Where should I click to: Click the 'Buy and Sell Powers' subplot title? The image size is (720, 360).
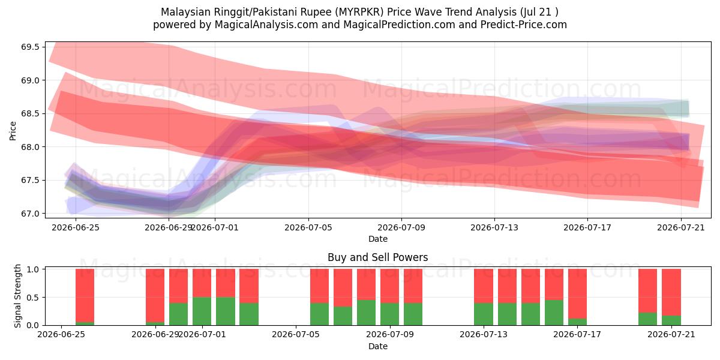[377, 257]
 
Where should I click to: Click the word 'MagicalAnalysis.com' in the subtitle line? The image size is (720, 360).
[266, 25]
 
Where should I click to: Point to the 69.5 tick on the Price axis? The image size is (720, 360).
[30, 47]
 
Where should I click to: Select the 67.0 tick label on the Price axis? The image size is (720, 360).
[30, 214]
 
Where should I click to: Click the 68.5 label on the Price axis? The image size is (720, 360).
[30, 114]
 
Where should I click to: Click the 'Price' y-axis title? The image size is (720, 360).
[13, 131]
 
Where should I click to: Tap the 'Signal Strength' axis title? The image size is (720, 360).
[17, 296]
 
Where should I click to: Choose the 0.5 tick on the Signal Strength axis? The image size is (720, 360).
[33, 298]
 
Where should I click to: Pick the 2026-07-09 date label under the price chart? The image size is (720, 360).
[401, 227]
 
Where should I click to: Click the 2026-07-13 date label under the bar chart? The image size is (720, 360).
[484, 335]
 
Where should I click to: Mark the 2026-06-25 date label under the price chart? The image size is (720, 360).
[76, 227]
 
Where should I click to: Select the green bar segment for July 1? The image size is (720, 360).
[202, 311]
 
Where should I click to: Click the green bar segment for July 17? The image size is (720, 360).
[577, 322]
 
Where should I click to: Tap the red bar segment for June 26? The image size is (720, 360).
[85, 296]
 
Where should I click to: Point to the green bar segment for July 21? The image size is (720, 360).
[671, 320]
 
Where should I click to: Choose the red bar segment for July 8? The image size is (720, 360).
[366, 284]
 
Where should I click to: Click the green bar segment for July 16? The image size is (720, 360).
[554, 313]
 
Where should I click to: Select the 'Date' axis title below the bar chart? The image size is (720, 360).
[377, 347]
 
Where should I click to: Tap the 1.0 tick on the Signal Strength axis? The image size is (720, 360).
[33, 269]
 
